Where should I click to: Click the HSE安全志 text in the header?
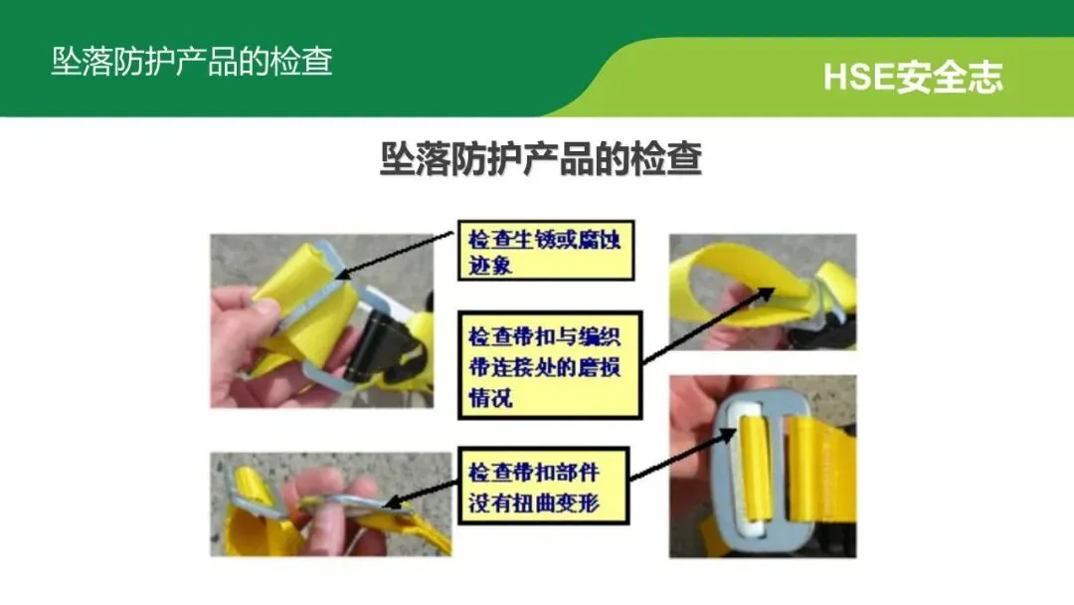coord(912,76)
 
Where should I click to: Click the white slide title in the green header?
coord(192,62)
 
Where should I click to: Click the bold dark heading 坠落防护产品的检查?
coord(541,159)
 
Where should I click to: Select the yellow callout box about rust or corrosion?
coord(546,250)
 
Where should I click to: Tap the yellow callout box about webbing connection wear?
coord(550,365)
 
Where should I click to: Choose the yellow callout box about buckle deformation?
coord(543,486)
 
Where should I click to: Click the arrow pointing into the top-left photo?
coord(395,255)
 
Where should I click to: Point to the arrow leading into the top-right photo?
coord(708,325)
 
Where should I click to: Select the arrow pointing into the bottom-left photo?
coord(420,495)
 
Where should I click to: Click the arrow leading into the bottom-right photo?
coord(682,455)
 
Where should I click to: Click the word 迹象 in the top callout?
coord(489,265)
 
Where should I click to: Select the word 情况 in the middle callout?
coord(490,397)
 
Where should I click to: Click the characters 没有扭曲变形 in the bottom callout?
coord(534,503)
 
